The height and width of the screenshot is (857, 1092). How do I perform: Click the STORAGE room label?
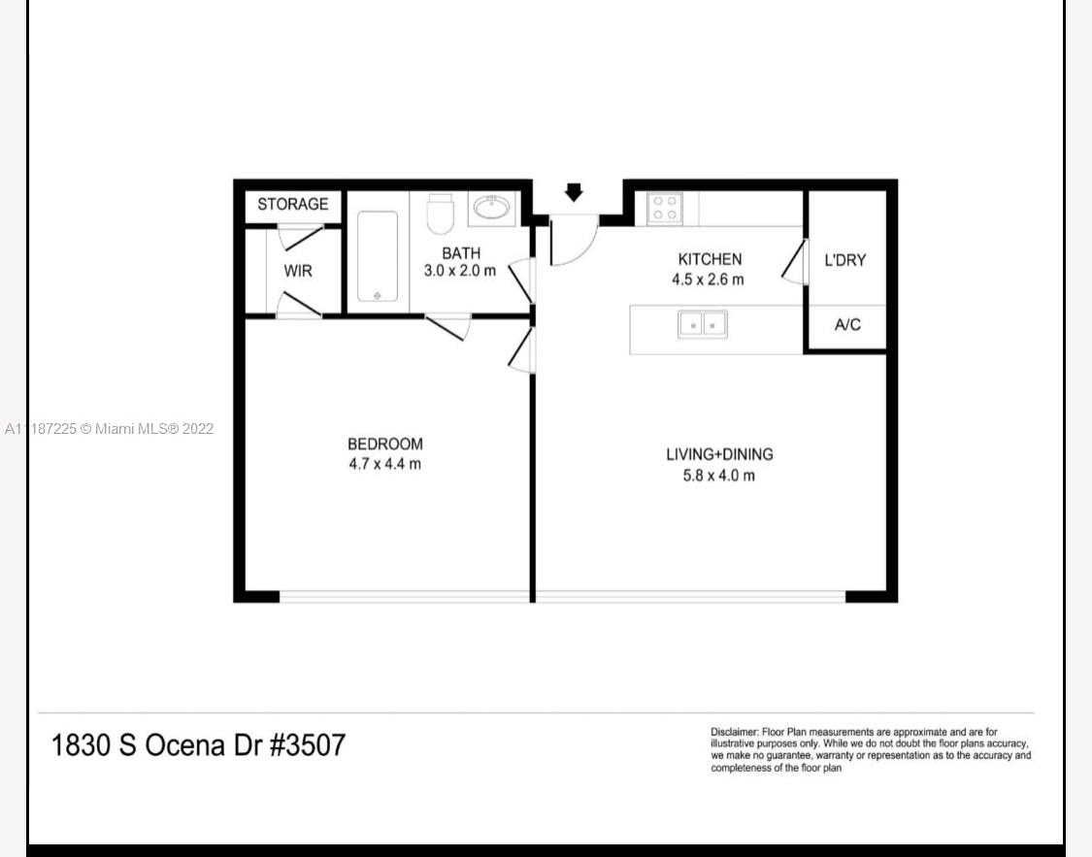(x=292, y=204)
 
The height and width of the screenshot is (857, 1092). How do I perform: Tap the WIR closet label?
(x=298, y=271)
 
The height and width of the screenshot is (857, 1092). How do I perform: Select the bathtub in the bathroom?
(x=378, y=256)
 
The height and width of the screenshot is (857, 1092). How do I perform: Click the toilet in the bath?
(x=440, y=214)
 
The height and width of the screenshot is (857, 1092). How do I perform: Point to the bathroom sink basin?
(x=492, y=208)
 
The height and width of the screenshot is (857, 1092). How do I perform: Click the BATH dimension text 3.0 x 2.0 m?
(x=460, y=271)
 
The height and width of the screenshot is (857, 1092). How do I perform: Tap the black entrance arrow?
(x=574, y=192)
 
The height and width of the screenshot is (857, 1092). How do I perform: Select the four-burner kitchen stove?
(x=664, y=208)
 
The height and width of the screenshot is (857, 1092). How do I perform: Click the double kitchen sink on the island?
(x=703, y=324)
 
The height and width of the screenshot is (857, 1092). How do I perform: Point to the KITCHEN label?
(x=710, y=259)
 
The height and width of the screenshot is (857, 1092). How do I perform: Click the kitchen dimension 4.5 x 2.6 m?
(x=708, y=280)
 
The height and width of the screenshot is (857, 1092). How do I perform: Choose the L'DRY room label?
(x=844, y=260)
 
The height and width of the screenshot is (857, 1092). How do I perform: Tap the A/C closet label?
(x=847, y=324)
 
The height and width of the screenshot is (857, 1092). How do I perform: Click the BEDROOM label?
(x=385, y=445)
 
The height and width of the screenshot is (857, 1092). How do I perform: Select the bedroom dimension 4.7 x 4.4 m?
(x=385, y=464)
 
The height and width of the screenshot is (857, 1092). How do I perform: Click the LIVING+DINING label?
(x=719, y=454)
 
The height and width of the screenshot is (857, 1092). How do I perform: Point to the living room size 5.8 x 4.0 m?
(x=718, y=477)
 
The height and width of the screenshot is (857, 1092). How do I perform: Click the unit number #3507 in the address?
(x=307, y=745)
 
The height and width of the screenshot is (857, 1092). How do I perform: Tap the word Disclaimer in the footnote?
(x=735, y=733)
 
